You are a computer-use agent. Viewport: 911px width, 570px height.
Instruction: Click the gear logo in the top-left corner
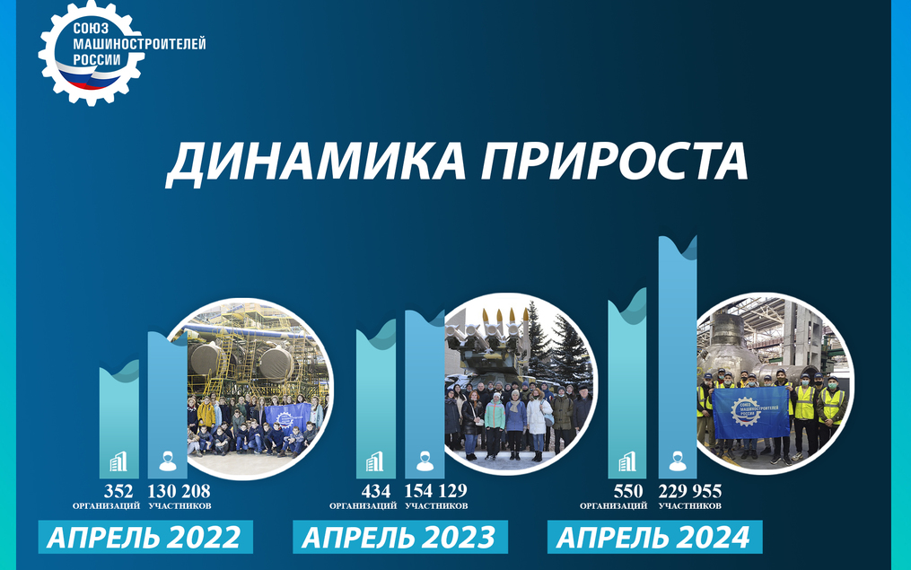point(92,54)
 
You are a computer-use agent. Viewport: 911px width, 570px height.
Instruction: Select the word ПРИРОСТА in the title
point(614,161)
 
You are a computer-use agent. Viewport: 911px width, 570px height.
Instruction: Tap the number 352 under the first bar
point(118,492)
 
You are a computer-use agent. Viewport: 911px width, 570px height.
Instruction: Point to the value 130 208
point(179,492)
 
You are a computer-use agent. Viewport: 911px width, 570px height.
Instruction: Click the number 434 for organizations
point(376,492)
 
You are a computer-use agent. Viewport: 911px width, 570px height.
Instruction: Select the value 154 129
point(435,492)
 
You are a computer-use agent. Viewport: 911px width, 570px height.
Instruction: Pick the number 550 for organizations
point(628,492)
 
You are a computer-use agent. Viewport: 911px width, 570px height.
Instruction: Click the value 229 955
point(690,492)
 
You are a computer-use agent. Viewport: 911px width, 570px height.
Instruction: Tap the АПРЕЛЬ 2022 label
point(145,537)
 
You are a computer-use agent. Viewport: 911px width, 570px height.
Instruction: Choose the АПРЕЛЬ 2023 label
point(400,537)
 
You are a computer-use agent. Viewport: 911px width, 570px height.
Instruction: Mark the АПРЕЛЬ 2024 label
point(655,537)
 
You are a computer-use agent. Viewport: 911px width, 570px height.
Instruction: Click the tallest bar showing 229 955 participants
point(678,357)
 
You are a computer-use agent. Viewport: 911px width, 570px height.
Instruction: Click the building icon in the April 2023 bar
point(375,462)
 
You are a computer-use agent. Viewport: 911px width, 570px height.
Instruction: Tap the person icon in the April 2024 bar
point(678,461)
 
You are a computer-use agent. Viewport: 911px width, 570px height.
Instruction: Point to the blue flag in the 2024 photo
point(751,413)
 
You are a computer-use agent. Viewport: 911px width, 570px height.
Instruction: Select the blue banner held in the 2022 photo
point(288,418)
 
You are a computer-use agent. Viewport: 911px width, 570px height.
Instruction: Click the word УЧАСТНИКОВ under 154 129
point(436,506)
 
